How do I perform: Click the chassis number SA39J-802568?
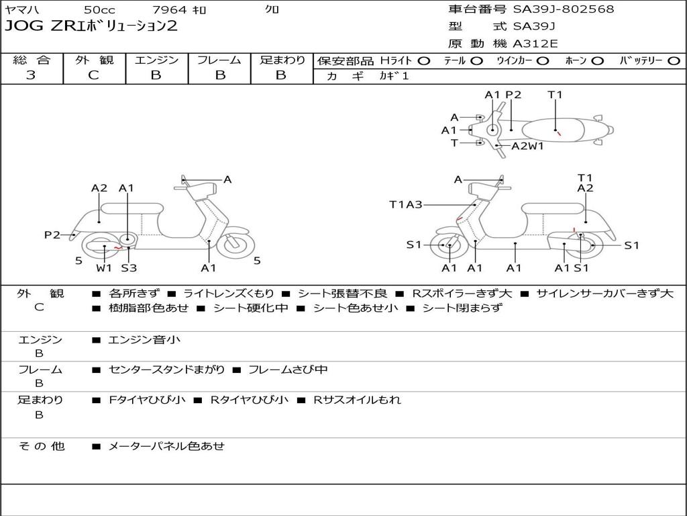(x=563, y=9)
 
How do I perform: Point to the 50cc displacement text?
(x=99, y=10)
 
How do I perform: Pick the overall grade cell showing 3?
(x=31, y=75)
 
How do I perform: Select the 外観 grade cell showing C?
(x=93, y=75)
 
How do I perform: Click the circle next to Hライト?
(x=424, y=60)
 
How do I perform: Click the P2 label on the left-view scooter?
(x=52, y=234)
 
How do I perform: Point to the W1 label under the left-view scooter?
(x=103, y=268)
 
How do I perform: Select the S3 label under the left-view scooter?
(x=129, y=268)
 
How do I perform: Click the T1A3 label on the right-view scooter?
(x=406, y=204)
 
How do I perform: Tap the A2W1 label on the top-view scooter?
(x=527, y=146)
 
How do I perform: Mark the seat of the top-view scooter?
(x=554, y=129)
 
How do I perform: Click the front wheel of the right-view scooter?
(x=447, y=246)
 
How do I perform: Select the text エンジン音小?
(x=144, y=340)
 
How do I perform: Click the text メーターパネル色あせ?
(x=166, y=445)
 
